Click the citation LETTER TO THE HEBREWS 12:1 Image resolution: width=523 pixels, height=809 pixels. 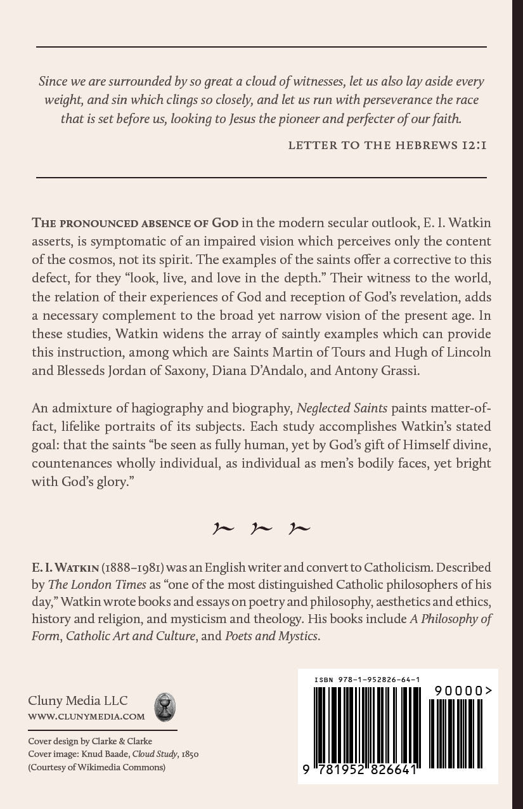[387, 145]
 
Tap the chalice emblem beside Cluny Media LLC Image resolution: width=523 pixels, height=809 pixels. [165, 707]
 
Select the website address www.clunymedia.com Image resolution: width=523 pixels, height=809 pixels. [86, 716]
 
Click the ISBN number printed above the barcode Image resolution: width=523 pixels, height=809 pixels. [366, 680]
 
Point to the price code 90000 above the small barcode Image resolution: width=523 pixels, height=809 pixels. [463, 690]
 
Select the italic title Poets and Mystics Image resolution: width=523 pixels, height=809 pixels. [271, 635]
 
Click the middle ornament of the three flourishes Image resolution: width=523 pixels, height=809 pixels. [261, 528]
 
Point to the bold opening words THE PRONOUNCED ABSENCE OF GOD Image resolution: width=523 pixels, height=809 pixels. [135, 223]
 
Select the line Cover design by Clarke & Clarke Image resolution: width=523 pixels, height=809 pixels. [90, 740]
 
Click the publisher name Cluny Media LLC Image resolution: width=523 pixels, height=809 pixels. [77, 700]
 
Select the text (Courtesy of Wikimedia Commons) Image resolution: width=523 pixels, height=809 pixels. [96, 767]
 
